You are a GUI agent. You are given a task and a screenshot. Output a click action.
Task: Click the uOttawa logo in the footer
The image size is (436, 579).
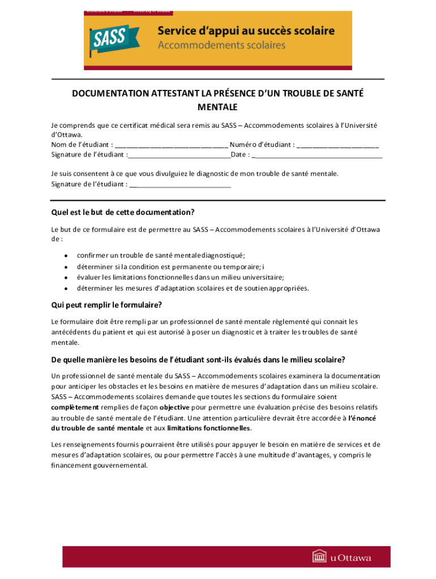[342, 557]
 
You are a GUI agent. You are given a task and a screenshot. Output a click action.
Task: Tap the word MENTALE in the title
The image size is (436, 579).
[217, 106]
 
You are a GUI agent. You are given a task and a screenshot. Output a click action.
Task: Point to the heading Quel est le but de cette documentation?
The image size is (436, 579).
[123, 213]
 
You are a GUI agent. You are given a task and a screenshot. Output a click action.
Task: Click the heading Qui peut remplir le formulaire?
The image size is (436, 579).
[107, 305]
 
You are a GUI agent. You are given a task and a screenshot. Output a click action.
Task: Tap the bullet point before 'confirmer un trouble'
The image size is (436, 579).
[66, 256]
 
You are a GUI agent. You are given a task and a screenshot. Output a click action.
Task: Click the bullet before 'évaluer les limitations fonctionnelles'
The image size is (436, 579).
[66, 278]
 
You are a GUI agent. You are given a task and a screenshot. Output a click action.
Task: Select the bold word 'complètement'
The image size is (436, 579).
[75, 407]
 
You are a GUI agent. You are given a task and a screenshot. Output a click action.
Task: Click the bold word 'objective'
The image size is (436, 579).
[174, 407]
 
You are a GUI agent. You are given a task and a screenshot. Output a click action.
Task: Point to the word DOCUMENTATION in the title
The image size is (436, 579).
[110, 93]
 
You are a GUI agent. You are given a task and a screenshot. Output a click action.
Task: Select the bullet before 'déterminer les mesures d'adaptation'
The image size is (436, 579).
[66, 288]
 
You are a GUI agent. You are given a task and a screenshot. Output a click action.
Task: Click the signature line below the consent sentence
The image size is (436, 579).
[180, 184]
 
